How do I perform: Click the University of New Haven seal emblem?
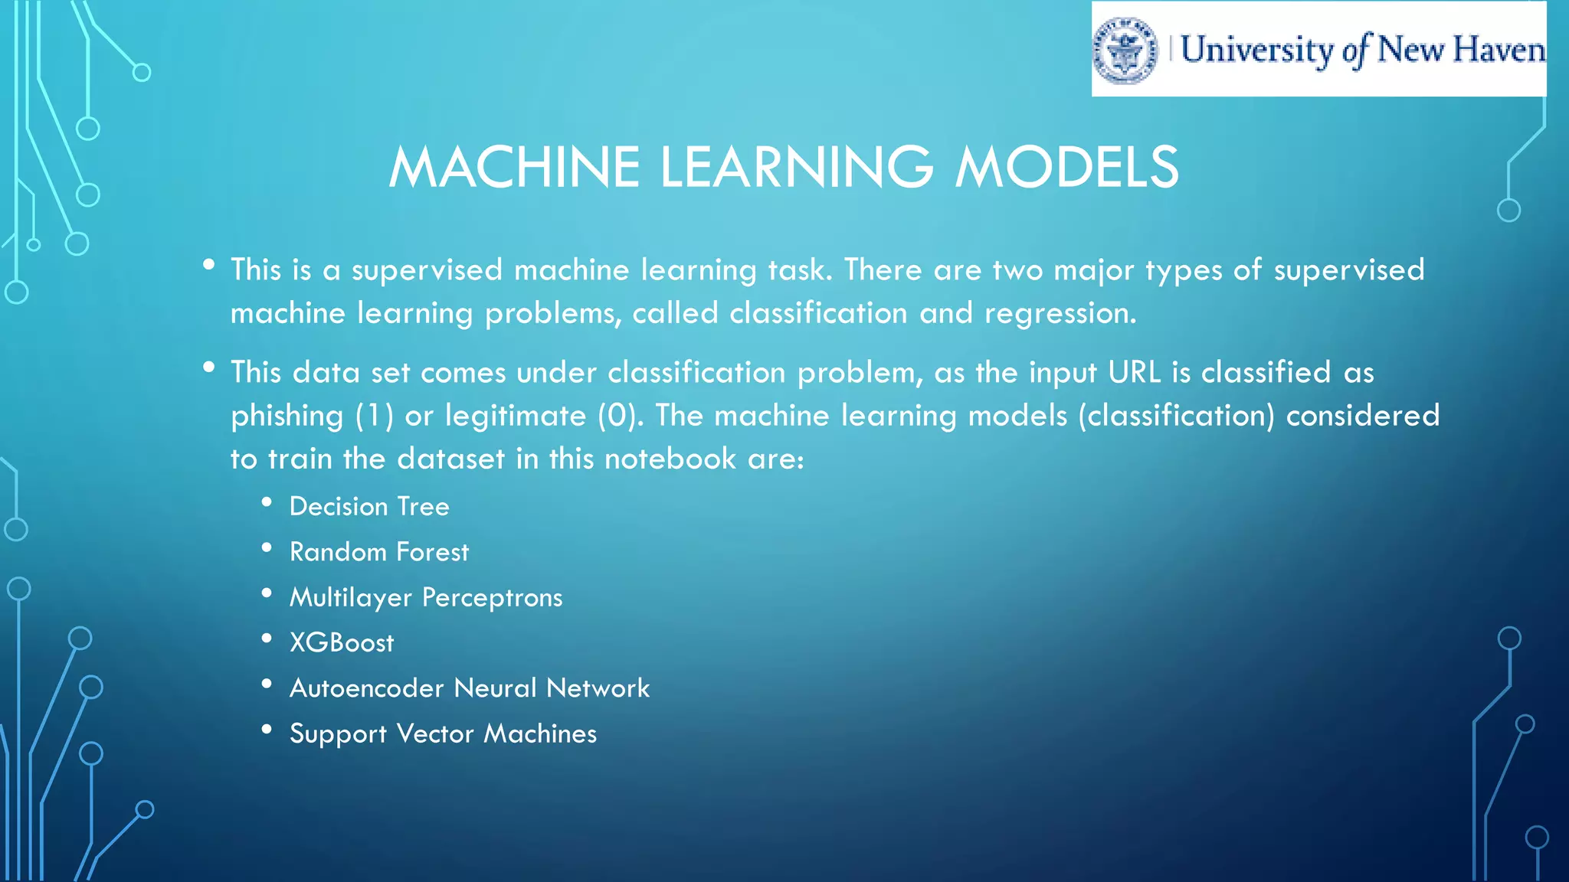(x=1125, y=50)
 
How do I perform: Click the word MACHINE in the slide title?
(x=514, y=167)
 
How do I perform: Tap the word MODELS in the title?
(x=1066, y=167)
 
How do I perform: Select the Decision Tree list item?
(x=369, y=506)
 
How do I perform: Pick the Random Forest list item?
(x=378, y=552)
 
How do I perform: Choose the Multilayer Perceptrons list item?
(x=426, y=597)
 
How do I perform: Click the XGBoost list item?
(x=342, y=642)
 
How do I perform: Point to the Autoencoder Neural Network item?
(x=470, y=688)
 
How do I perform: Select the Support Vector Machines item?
(x=443, y=733)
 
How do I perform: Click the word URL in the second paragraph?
(x=1135, y=372)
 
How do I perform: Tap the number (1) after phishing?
(x=375, y=416)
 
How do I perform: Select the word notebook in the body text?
(x=670, y=459)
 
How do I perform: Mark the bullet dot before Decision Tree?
(x=267, y=502)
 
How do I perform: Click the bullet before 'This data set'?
(x=208, y=368)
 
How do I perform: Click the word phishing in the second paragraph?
(x=287, y=416)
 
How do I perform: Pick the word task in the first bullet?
(x=800, y=269)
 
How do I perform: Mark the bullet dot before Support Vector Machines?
(x=267, y=730)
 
